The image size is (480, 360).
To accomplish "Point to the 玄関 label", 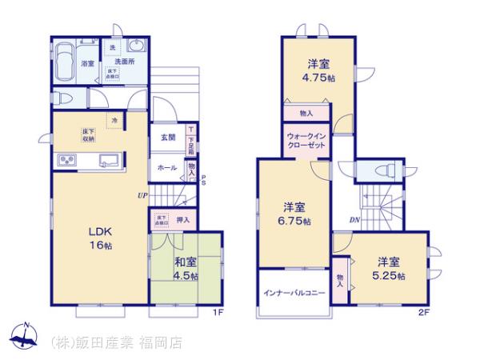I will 167,137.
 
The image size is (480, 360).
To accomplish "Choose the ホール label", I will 167,168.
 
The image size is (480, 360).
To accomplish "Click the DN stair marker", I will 354,219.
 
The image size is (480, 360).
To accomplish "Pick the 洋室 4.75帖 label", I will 318,73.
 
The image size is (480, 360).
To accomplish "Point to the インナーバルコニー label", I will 294,293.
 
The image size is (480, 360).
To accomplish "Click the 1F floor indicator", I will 218,312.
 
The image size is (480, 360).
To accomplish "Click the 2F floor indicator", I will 423,312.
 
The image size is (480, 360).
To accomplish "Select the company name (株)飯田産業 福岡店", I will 117,342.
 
